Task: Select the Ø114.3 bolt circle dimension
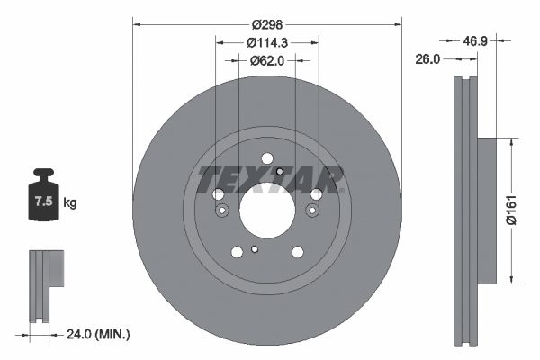[266, 42]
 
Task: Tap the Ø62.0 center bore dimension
[266, 60]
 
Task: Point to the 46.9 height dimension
[475, 41]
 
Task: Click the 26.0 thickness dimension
[428, 59]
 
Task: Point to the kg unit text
[70, 203]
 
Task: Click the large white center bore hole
[266, 211]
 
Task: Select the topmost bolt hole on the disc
[266, 159]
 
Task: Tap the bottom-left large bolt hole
[237, 253]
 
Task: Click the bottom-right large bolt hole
[297, 253]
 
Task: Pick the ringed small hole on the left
[220, 211]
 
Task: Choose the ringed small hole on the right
[312, 211]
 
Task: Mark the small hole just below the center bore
[256, 250]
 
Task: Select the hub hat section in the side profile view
[487, 210]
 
